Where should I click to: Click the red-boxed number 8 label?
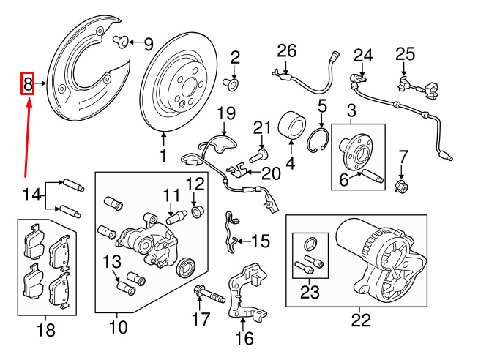(x=28, y=85)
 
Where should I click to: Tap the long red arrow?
(x=27, y=139)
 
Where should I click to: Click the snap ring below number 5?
(x=321, y=141)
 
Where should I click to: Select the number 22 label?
(x=361, y=320)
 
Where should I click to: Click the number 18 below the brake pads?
(x=45, y=331)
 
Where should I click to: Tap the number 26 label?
(x=286, y=50)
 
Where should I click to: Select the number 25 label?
(x=405, y=53)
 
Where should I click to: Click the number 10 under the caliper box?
(x=118, y=326)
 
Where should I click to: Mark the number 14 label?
(x=31, y=195)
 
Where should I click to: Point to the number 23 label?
(x=310, y=294)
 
